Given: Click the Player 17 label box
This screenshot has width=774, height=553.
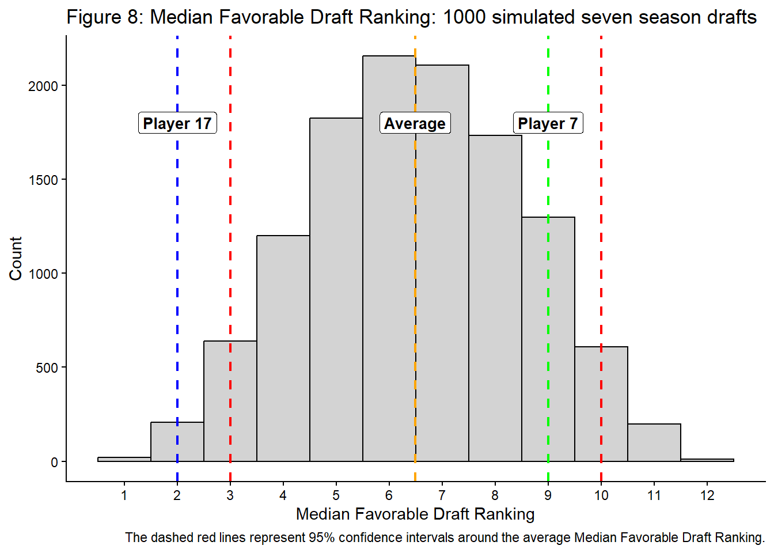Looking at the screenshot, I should tap(177, 123).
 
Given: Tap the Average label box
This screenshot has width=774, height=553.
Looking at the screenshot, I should tap(415, 123).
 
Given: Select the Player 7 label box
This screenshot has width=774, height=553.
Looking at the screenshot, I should tap(548, 123).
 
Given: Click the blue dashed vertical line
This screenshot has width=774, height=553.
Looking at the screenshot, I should tap(177, 288).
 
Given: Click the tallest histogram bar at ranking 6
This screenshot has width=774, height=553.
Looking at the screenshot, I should tap(389, 259).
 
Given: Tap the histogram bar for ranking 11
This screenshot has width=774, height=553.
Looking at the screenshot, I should tap(654, 443).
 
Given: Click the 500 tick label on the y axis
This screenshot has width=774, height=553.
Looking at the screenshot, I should tap(47, 368).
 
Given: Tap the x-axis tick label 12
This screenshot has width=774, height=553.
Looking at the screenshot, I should tap(707, 495).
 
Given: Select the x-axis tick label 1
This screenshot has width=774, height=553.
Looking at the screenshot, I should tap(124, 495).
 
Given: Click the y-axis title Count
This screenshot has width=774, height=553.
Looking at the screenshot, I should tap(16, 258).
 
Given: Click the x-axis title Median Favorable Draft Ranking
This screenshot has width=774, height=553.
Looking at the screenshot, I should tap(415, 514).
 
